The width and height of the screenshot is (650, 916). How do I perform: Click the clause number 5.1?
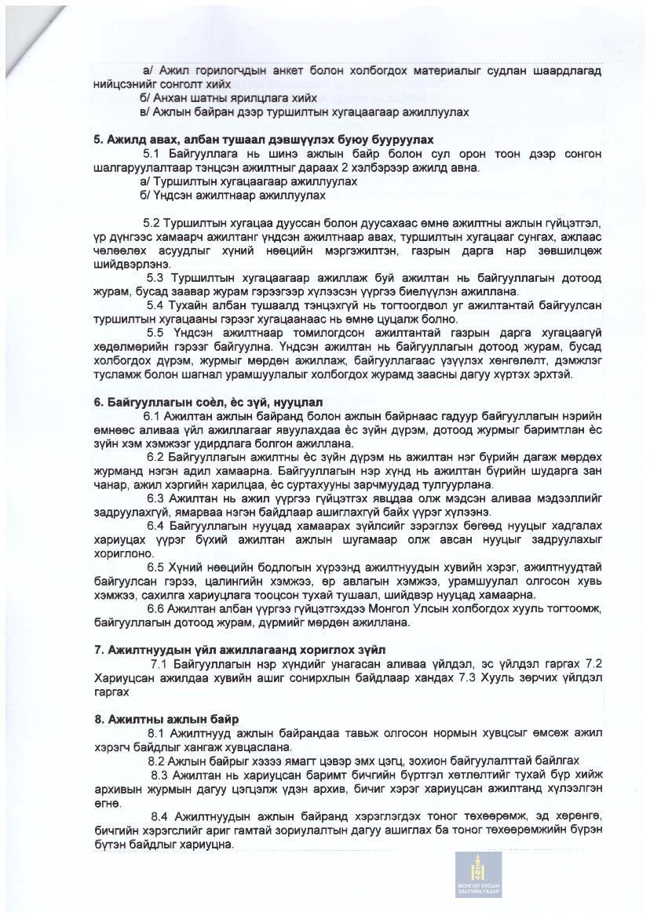152,153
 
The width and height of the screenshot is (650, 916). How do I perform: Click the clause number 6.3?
155,498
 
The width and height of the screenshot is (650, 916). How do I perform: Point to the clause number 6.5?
155,567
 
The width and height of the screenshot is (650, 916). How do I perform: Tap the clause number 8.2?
157,761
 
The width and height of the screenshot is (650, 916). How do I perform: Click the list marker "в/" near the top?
145,112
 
